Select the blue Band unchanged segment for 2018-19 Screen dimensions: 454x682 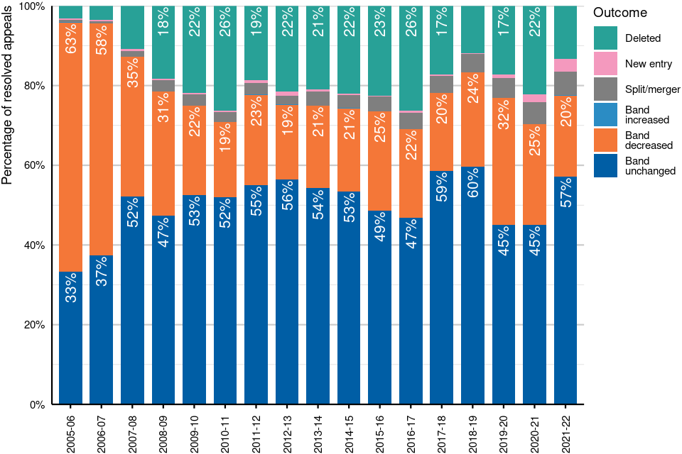(x=472, y=298)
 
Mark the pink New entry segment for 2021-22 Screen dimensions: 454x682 (x=565, y=65)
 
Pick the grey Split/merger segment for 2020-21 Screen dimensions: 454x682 (x=534, y=113)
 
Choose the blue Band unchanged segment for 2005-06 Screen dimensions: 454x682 (x=70, y=340)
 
